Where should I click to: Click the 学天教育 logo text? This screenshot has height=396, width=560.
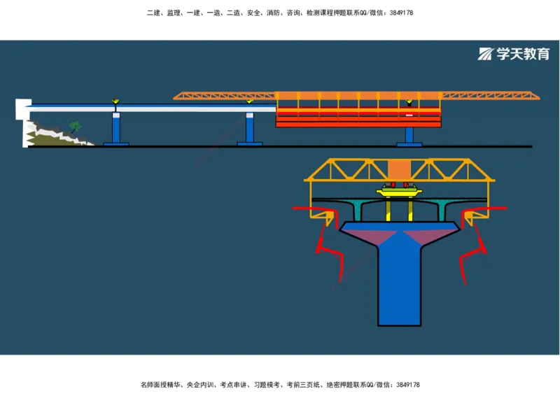point(523,55)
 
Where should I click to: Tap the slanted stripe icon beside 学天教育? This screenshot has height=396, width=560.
point(486,55)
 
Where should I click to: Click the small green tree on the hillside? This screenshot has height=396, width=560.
point(75,127)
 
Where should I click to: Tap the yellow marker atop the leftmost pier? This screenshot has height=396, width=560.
point(115,102)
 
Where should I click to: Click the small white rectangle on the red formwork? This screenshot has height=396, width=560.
point(409,113)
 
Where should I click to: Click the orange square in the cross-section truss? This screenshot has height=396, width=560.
point(400,170)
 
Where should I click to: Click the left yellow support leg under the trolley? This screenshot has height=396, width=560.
point(388,210)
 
